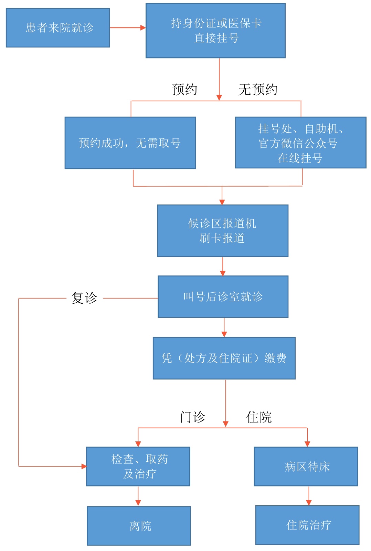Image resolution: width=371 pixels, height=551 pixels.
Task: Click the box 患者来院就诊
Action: [x=58, y=28]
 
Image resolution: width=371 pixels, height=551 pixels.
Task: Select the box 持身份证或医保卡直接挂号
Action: [x=215, y=31]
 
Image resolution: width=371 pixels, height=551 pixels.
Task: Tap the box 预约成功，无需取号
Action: [x=130, y=143]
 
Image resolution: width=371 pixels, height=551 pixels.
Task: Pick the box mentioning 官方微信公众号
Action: [x=300, y=143]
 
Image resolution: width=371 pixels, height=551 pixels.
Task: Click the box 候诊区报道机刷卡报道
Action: [x=222, y=231]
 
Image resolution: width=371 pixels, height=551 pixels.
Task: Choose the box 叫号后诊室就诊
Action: [x=223, y=297]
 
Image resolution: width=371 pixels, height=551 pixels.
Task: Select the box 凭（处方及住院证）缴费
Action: [x=224, y=358]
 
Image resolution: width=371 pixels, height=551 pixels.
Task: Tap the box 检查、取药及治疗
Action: [x=138, y=466]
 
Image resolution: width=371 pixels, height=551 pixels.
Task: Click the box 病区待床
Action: [x=306, y=466]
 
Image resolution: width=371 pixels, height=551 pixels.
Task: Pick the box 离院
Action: [x=139, y=526]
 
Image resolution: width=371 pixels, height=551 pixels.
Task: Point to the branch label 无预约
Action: [x=258, y=90]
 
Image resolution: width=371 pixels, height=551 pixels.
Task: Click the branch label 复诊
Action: [x=84, y=298]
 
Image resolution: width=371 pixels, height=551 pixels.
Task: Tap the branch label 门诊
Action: [x=192, y=417]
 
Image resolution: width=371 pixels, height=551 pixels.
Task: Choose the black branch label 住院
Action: [x=259, y=417]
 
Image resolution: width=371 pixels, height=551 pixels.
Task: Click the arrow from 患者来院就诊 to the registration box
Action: [x=128, y=28]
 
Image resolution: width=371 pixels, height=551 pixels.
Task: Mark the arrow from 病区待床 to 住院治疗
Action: [x=309, y=496]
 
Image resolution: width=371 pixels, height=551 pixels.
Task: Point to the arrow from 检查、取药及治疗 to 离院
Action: [x=138, y=496]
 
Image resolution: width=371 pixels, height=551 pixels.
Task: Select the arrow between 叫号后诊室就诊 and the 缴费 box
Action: [x=224, y=327]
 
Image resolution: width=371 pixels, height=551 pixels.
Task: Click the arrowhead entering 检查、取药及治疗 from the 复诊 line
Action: [x=84, y=466]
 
